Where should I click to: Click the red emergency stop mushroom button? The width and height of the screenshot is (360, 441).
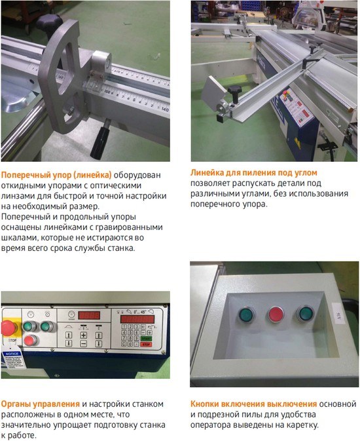[x=9, y=328]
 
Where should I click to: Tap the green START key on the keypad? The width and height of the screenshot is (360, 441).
[x=146, y=339]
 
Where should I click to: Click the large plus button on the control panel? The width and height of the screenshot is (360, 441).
[x=84, y=336]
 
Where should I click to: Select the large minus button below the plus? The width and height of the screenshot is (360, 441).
[x=84, y=343]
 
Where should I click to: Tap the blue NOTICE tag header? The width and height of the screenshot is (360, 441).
[x=12, y=354]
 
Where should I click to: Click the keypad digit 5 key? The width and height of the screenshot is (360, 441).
[x=130, y=332]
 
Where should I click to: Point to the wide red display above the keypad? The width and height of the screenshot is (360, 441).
[x=137, y=319]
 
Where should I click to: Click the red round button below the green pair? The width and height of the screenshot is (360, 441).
[x=30, y=340]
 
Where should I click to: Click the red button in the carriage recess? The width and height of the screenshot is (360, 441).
[x=277, y=315]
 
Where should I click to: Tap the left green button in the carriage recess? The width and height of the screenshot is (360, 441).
[x=247, y=315]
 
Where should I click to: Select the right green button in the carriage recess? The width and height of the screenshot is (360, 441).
[x=306, y=314]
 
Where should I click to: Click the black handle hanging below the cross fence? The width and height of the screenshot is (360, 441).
[x=100, y=138]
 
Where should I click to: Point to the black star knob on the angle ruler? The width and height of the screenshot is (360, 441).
[x=235, y=91]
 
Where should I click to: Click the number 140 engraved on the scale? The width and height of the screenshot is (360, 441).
[x=165, y=109]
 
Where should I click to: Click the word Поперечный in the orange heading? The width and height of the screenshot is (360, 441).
[x=26, y=175]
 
